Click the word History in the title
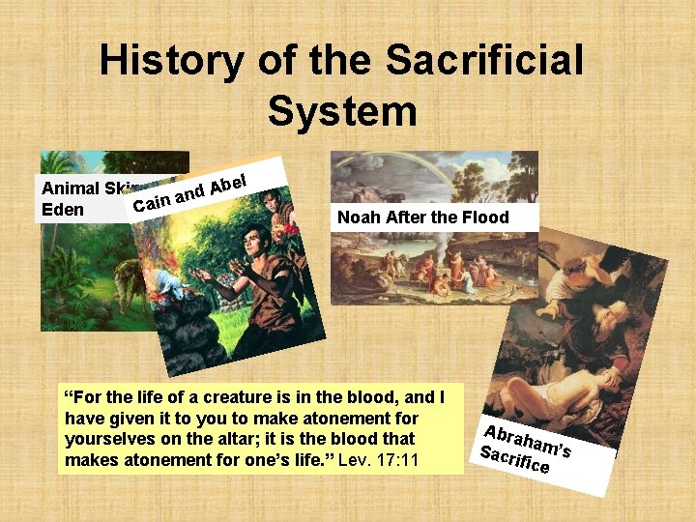tap(170, 61)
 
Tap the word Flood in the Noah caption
tap(485, 217)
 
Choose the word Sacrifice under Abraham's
tap(514, 460)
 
